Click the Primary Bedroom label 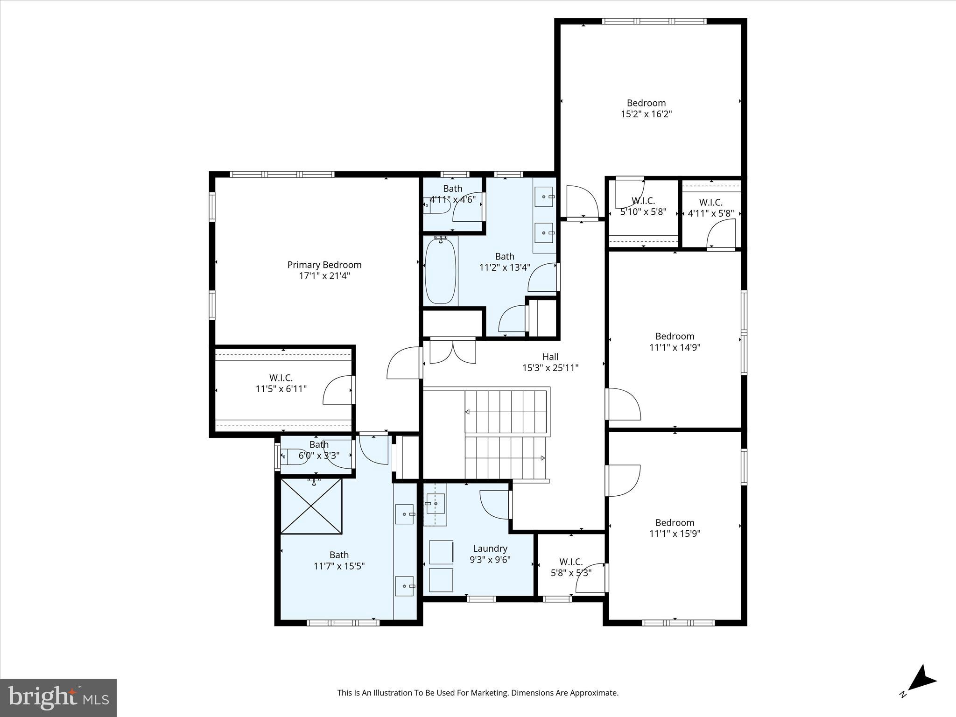point(324,265)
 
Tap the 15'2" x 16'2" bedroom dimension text point(646,114)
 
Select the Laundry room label point(490,548)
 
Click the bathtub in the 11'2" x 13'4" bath point(440,271)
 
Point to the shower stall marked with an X point(311,506)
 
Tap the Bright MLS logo point(58,697)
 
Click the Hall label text point(550,357)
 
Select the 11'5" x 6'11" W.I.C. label point(281,383)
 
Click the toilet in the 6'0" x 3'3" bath point(295,456)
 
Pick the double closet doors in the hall point(452,351)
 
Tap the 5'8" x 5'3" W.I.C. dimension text point(571,573)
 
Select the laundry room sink point(435,503)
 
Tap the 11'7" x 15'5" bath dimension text point(339,566)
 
